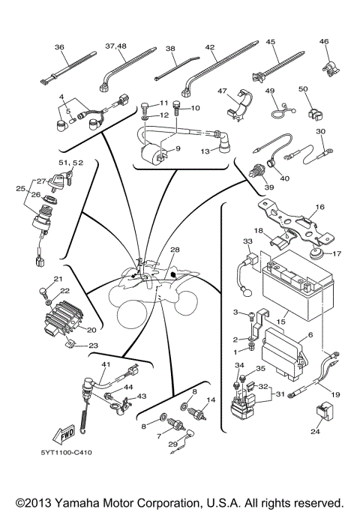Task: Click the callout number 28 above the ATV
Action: (x=175, y=249)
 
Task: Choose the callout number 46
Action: (x=324, y=41)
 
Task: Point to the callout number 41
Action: (x=106, y=365)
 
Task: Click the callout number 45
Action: (x=271, y=41)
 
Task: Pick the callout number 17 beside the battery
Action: (x=336, y=253)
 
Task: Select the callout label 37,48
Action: (x=116, y=46)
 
